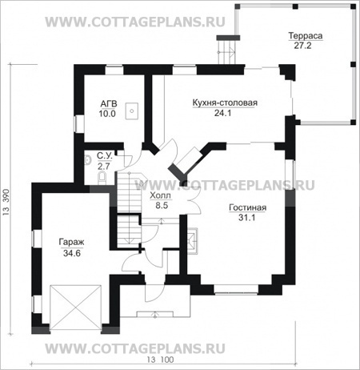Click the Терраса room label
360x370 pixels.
(306, 36)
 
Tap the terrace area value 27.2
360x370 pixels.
(302, 46)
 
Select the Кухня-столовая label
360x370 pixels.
(225, 103)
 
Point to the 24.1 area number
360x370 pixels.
(223, 113)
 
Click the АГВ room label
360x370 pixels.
(109, 103)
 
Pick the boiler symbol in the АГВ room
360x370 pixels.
(132, 111)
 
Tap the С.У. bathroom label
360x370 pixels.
(104, 155)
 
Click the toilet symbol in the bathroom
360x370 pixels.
(102, 178)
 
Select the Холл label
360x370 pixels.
(160, 195)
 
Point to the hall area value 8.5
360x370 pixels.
(162, 206)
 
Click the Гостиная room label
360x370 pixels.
(247, 207)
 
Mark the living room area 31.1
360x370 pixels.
(246, 218)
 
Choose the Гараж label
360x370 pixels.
(71, 243)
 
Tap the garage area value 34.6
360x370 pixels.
(72, 253)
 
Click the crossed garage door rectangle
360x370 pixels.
(76, 309)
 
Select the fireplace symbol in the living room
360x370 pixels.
(192, 241)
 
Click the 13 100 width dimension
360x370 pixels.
(160, 360)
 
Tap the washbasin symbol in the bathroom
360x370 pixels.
(87, 160)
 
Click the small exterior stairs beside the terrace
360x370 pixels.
(227, 50)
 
